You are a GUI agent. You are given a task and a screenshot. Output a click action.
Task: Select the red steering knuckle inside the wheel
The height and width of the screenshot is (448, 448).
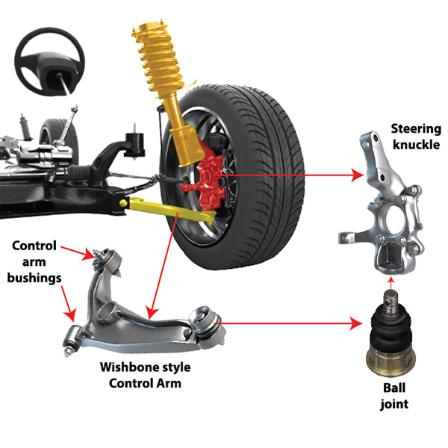207,183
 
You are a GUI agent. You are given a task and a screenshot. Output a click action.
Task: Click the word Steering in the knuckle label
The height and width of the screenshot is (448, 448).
416,129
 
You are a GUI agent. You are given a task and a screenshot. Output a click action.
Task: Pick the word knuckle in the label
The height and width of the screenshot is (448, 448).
417,145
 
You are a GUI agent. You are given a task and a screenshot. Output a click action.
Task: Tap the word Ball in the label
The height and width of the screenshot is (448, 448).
394,388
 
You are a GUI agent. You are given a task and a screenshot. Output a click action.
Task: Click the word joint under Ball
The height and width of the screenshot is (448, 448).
394,404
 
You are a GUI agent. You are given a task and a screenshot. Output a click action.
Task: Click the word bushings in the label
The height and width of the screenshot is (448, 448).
34,278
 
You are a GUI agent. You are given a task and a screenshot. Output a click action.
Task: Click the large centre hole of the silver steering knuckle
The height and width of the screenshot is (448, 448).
394,220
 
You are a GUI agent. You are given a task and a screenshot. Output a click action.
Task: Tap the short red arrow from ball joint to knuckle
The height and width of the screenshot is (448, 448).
391,282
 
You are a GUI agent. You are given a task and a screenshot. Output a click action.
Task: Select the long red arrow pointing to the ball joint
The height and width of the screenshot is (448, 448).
288,324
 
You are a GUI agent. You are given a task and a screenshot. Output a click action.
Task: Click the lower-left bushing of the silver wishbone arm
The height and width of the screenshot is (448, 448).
72,340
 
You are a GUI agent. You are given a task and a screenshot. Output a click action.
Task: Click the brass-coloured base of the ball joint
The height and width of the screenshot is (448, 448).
391,361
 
